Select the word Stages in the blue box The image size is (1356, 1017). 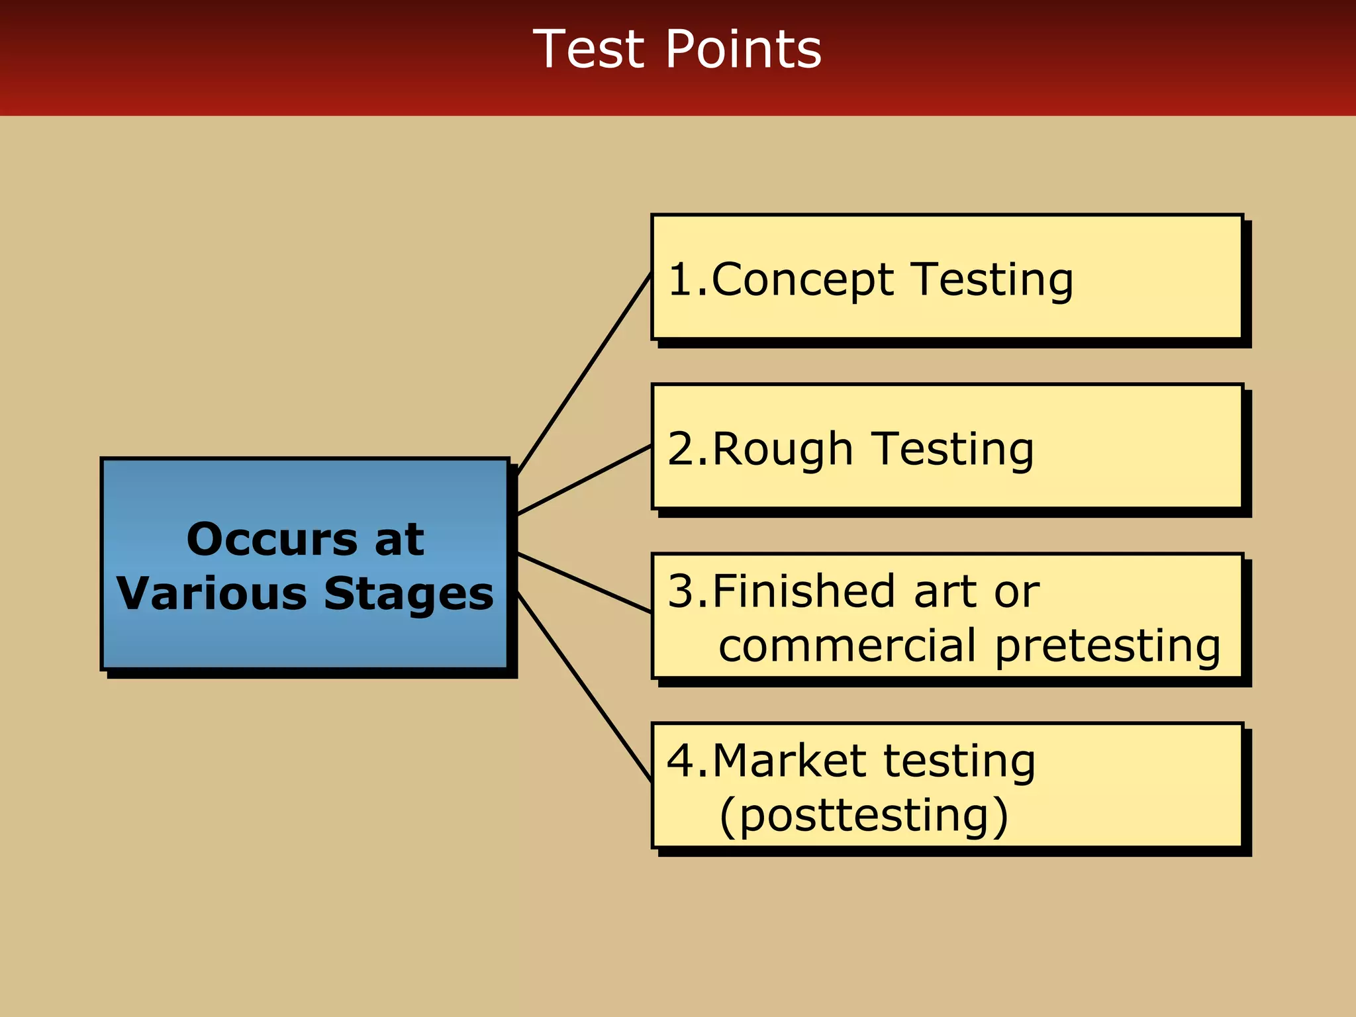[409, 593]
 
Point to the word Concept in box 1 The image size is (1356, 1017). [802, 279]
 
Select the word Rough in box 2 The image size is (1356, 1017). [783, 449]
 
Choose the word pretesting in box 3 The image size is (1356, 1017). [1107, 646]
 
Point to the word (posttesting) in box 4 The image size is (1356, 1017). [863, 816]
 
